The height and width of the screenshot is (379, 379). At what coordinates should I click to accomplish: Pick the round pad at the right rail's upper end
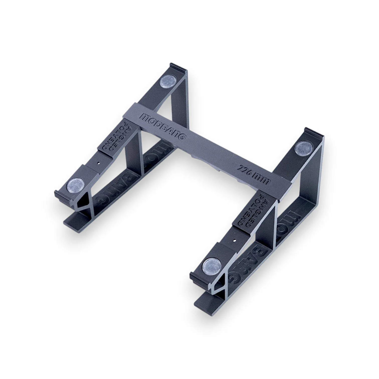click(303, 149)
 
